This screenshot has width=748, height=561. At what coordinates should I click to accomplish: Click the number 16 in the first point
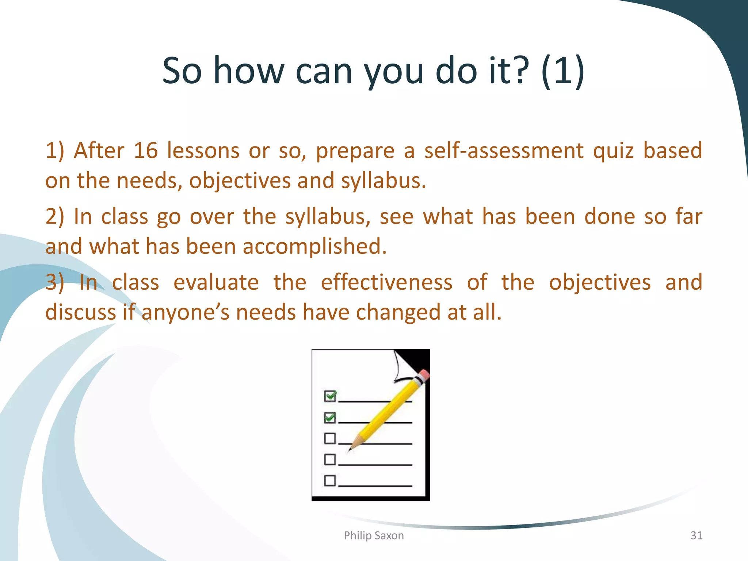(145, 150)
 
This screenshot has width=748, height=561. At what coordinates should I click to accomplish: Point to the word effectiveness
(386, 282)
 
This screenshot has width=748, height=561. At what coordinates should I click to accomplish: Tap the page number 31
(696, 535)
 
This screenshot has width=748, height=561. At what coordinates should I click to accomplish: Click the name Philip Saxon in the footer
(374, 535)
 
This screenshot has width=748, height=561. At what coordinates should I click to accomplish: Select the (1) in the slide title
(562, 70)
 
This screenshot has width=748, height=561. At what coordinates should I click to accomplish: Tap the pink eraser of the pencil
(424, 376)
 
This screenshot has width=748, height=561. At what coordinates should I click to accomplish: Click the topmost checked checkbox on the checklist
(330, 396)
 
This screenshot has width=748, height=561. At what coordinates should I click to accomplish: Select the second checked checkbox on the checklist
(330, 417)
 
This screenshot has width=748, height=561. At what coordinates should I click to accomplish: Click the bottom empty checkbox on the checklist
(330, 480)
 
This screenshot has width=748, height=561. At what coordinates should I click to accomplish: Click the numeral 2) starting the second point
(54, 217)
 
